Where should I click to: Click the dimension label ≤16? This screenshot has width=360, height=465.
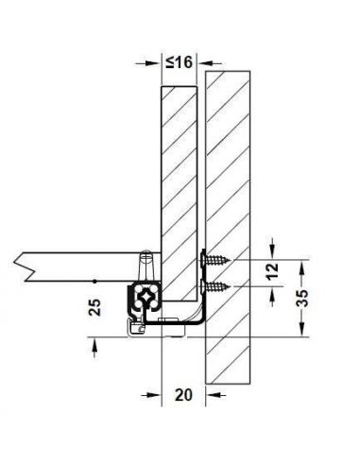click(x=179, y=61)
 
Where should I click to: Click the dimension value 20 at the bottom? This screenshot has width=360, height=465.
click(x=183, y=395)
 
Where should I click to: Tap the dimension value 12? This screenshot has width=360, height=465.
click(x=272, y=270)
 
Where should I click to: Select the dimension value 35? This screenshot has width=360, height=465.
click(x=301, y=299)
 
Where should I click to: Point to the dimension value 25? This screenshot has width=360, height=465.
click(x=94, y=307)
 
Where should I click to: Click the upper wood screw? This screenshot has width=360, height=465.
click(x=215, y=260)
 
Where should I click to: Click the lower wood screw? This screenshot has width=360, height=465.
click(x=215, y=286)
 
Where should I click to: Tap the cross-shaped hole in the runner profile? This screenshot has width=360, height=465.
click(x=146, y=296)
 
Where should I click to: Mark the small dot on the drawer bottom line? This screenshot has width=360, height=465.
click(x=94, y=281)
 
